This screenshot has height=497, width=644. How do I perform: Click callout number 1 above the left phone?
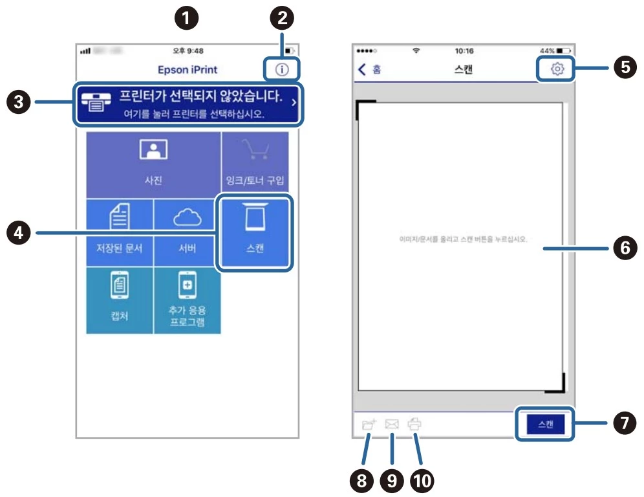point(188,19)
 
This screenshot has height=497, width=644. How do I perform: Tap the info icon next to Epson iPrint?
point(281,69)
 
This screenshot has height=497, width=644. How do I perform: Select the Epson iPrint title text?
point(188,69)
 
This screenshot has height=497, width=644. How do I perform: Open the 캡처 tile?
point(120,300)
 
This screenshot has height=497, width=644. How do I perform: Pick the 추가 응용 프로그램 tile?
point(187,300)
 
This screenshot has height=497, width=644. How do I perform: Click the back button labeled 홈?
point(369,69)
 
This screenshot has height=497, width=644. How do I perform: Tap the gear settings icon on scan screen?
point(557,69)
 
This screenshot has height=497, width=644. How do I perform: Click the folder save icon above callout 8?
point(369,425)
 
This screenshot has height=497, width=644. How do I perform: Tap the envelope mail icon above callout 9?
point(391,425)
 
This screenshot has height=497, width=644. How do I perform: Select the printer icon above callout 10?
point(414,425)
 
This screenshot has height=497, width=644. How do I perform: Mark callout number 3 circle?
point(19,102)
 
